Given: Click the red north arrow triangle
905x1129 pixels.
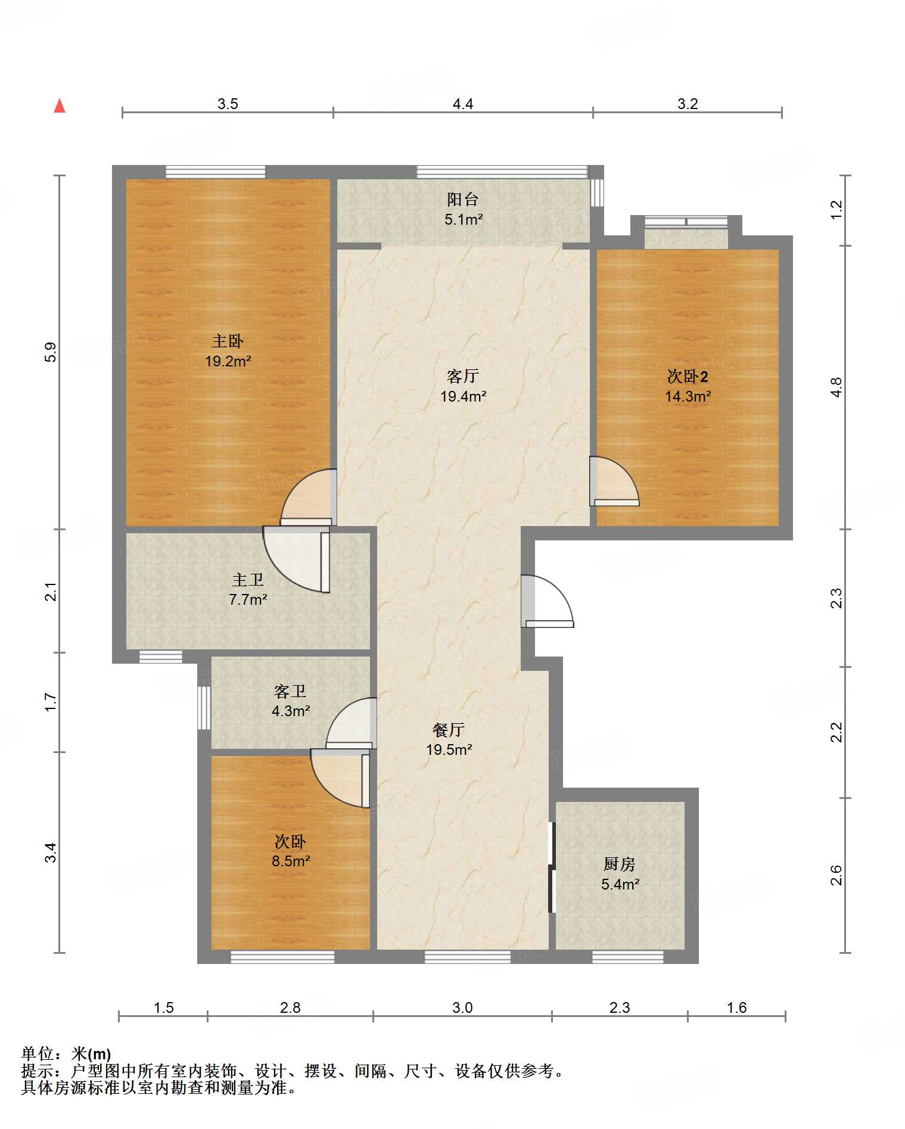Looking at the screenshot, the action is [x=60, y=105].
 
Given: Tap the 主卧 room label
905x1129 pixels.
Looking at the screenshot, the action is [x=228, y=341].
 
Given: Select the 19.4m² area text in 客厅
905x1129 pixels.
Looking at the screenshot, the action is [x=463, y=396].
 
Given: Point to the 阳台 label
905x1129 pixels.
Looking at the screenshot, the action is [x=463, y=200].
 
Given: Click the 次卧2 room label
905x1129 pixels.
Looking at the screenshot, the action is [x=688, y=377].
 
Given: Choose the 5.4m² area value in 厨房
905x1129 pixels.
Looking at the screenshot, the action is [x=620, y=884].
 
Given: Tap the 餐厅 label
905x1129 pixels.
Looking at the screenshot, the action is [x=449, y=730].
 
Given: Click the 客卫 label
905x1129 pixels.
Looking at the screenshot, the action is [x=290, y=691].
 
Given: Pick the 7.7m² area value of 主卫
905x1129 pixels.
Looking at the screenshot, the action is [x=248, y=599].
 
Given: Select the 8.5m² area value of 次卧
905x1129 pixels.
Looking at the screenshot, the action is [x=291, y=861].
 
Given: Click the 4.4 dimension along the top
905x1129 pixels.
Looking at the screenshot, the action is [x=463, y=104].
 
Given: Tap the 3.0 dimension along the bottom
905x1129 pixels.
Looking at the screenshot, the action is [x=462, y=1007].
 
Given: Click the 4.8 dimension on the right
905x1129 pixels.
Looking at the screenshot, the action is [x=836, y=387].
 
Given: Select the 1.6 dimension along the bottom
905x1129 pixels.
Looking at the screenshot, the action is [x=737, y=1007].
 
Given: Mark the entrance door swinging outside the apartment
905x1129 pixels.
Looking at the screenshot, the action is [x=548, y=601].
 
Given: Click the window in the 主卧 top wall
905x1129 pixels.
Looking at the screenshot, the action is [x=215, y=172].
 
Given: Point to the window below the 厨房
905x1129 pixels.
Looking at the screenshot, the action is [x=628, y=957].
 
